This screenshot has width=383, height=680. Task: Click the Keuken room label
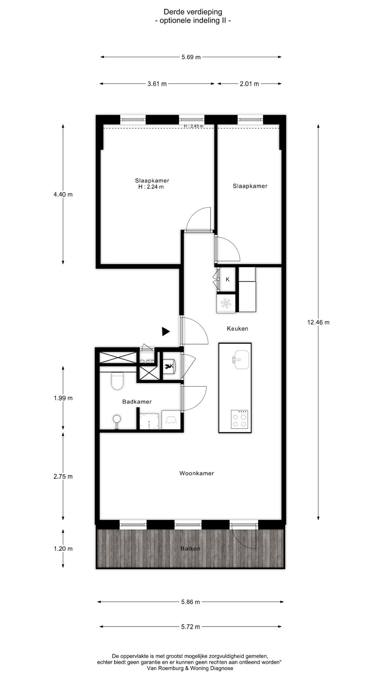pyautogui.click(x=237, y=329)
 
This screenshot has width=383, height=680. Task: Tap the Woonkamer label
pyautogui.click(x=196, y=473)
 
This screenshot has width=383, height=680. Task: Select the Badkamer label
pyautogui.click(x=137, y=402)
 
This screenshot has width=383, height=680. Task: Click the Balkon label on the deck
pyautogui.click(x=190, y=549)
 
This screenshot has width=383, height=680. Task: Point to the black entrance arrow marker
pyautogui.click(x=165, y=331)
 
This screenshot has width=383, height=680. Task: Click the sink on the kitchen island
pyautogui.click(x=242, y=360)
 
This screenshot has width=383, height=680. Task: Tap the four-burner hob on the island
pyautogui.click(x=239, y=419)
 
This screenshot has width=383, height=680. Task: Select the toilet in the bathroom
pyautogui.click(x=117, y=381)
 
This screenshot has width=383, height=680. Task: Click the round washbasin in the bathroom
pyautogui.click(x=117, y=419)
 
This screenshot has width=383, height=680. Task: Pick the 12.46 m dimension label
pyautogui.click(x=318, y=322)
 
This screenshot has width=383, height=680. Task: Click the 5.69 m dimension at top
pyautogui.click(x=191, y=57)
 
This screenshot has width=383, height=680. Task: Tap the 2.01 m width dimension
pyautogui.click(x=249, y=84)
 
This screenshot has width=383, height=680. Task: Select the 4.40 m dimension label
pyautogui.click(x=63, y=194)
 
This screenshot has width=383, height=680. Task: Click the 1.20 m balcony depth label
pyautogui.click(x=63, y=549)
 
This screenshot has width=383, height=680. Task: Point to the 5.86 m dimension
pyautogui.click(x=190, y=602)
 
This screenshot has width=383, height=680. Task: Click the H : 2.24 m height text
pyautogui.click(x=151, y=187)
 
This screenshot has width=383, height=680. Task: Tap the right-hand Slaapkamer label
pyautogui.click(x=250, y=186)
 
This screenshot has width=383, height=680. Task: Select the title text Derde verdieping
pyautogui.click(x=193, y=13)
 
